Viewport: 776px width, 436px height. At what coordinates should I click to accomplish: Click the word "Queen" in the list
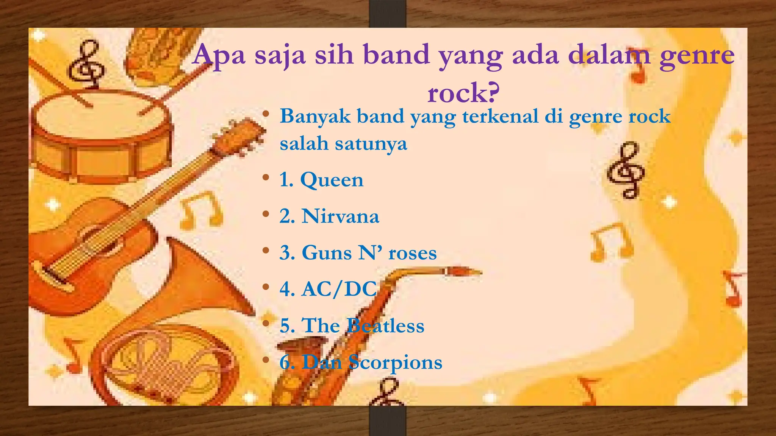coord(332,180)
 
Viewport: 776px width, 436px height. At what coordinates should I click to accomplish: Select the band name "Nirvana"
coord(340,216)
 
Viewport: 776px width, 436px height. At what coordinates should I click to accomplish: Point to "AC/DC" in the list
coord(339,289)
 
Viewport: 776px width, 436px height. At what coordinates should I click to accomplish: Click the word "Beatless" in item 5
coord(386,326)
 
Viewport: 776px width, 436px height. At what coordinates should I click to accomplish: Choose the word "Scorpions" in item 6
coord(395,363)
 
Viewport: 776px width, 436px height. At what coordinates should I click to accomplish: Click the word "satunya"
coord(371,144)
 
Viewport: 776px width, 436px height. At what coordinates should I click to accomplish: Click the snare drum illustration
coord(100,136)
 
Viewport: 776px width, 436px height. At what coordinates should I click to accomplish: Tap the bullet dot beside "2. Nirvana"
coord(266,214)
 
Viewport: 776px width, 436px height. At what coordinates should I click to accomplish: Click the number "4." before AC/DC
coord(287,289)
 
